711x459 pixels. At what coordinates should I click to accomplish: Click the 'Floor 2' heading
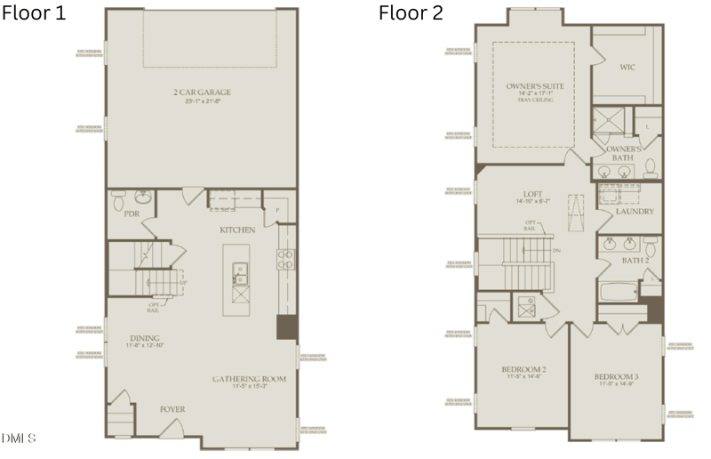pyautogui.click(x=411, y=12)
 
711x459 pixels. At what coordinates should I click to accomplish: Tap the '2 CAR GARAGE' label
pyautogui.click(x=201, y=92)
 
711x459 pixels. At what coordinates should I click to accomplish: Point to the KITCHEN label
pyautogui.click(x=237, y=229)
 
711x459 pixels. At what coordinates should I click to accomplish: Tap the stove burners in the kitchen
pyautogui.click(x=287, y=258)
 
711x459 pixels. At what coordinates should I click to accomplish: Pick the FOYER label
pyautogui.click(x=172, y=410)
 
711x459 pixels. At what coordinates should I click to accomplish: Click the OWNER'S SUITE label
pyautogui.click(x=531, y=86)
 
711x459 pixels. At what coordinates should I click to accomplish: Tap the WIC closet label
pyautogui.click(x=626, y=66)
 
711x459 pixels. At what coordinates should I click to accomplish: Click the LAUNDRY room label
pyautogui.click(x=635, y=212)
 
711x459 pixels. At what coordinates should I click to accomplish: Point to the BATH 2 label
pyautogui.click(x=635, y=260)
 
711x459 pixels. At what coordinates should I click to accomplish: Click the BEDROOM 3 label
pyautogui.click(x=616, y=377)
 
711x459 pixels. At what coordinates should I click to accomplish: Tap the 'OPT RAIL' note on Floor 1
pyautogui.click(x=155, y=307)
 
